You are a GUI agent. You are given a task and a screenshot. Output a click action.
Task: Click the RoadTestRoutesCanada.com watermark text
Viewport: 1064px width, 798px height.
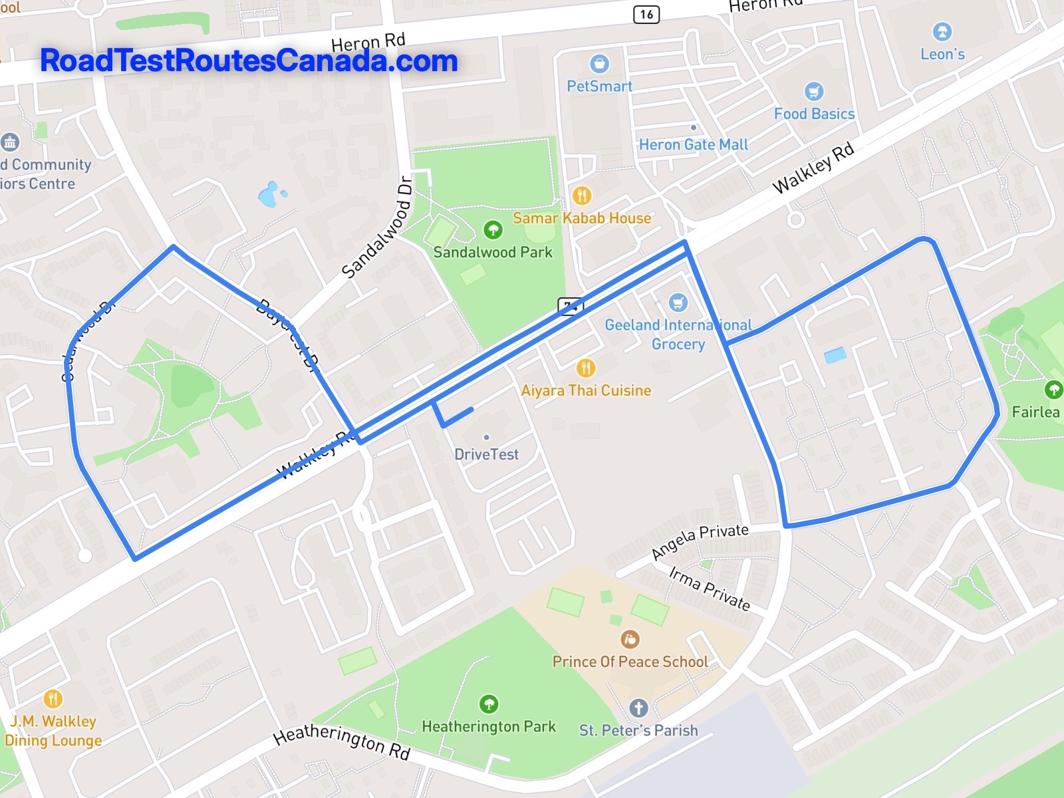[249, 61]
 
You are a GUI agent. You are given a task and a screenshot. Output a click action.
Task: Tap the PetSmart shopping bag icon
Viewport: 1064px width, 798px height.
[599, 64]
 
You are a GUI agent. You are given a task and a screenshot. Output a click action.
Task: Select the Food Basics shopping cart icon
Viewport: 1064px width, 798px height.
[813, 92]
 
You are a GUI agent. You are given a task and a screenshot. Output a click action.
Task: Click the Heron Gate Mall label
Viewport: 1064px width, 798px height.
[693, 144]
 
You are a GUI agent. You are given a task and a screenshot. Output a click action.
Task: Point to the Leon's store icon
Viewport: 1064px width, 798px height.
[942, 31]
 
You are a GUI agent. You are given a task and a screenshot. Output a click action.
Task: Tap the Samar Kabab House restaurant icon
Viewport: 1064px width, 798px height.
[582, 196]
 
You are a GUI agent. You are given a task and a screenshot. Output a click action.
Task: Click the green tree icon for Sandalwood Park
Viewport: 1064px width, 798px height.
[493, 230]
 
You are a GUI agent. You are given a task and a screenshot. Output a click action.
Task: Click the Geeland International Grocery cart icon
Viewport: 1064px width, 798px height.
[678, 303]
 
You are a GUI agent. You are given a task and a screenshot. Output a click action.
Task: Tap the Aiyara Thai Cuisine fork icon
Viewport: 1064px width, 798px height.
[585, 368]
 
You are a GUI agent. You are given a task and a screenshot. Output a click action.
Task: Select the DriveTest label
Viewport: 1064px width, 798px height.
[486, 454]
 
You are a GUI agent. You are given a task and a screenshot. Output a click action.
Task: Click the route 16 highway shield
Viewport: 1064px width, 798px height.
[646, 14]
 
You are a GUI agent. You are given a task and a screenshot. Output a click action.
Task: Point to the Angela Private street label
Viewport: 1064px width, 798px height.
[700, 541]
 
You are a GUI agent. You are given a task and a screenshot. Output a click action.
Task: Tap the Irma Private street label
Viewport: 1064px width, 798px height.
[709, 589]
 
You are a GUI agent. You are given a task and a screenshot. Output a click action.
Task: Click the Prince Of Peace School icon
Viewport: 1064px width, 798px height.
[630, 640]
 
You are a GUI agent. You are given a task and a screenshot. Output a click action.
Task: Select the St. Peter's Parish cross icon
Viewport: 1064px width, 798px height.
[638, 708]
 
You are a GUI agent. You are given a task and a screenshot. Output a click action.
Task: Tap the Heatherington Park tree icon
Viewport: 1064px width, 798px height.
[489, 704]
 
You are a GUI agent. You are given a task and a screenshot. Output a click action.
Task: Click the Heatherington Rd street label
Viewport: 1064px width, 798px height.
[342, 743]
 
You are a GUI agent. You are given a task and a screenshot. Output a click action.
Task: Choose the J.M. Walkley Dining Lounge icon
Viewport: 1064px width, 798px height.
[53, 699]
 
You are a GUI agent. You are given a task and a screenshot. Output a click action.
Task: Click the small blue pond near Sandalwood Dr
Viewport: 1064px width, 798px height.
[269, 195]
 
